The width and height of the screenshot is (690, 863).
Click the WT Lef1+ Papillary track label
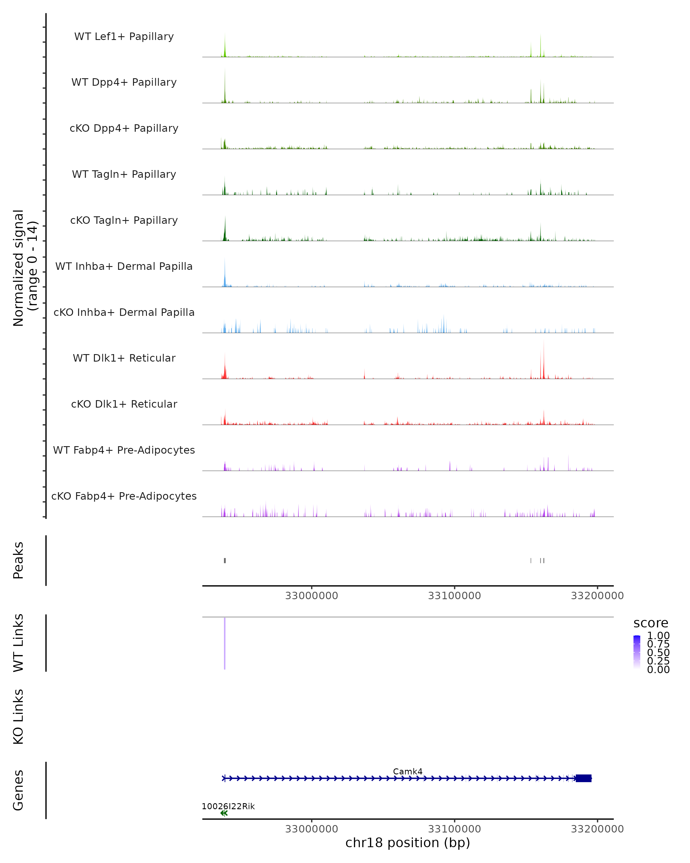(x=124, y=37)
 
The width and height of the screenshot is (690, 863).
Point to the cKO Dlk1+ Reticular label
(x=124, y=404)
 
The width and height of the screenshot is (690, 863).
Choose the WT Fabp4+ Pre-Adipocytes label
(x=124, y=450)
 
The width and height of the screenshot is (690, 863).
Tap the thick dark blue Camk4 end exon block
(x=584, y=778)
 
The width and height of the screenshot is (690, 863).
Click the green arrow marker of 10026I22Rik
(x=224, y=813)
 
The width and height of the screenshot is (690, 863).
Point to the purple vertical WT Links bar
(x=225, y=643)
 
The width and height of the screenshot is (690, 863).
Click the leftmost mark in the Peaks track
(x=225, y=560)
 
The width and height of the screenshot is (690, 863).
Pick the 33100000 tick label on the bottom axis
(x=455, y=829)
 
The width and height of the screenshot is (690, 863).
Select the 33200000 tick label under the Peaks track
(x=597, y=596)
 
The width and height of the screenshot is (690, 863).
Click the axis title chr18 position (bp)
(x=408, y=843)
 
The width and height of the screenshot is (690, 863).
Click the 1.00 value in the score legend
(x=658, y=636)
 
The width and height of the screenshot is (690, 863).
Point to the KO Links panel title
(x=18, y=717)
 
